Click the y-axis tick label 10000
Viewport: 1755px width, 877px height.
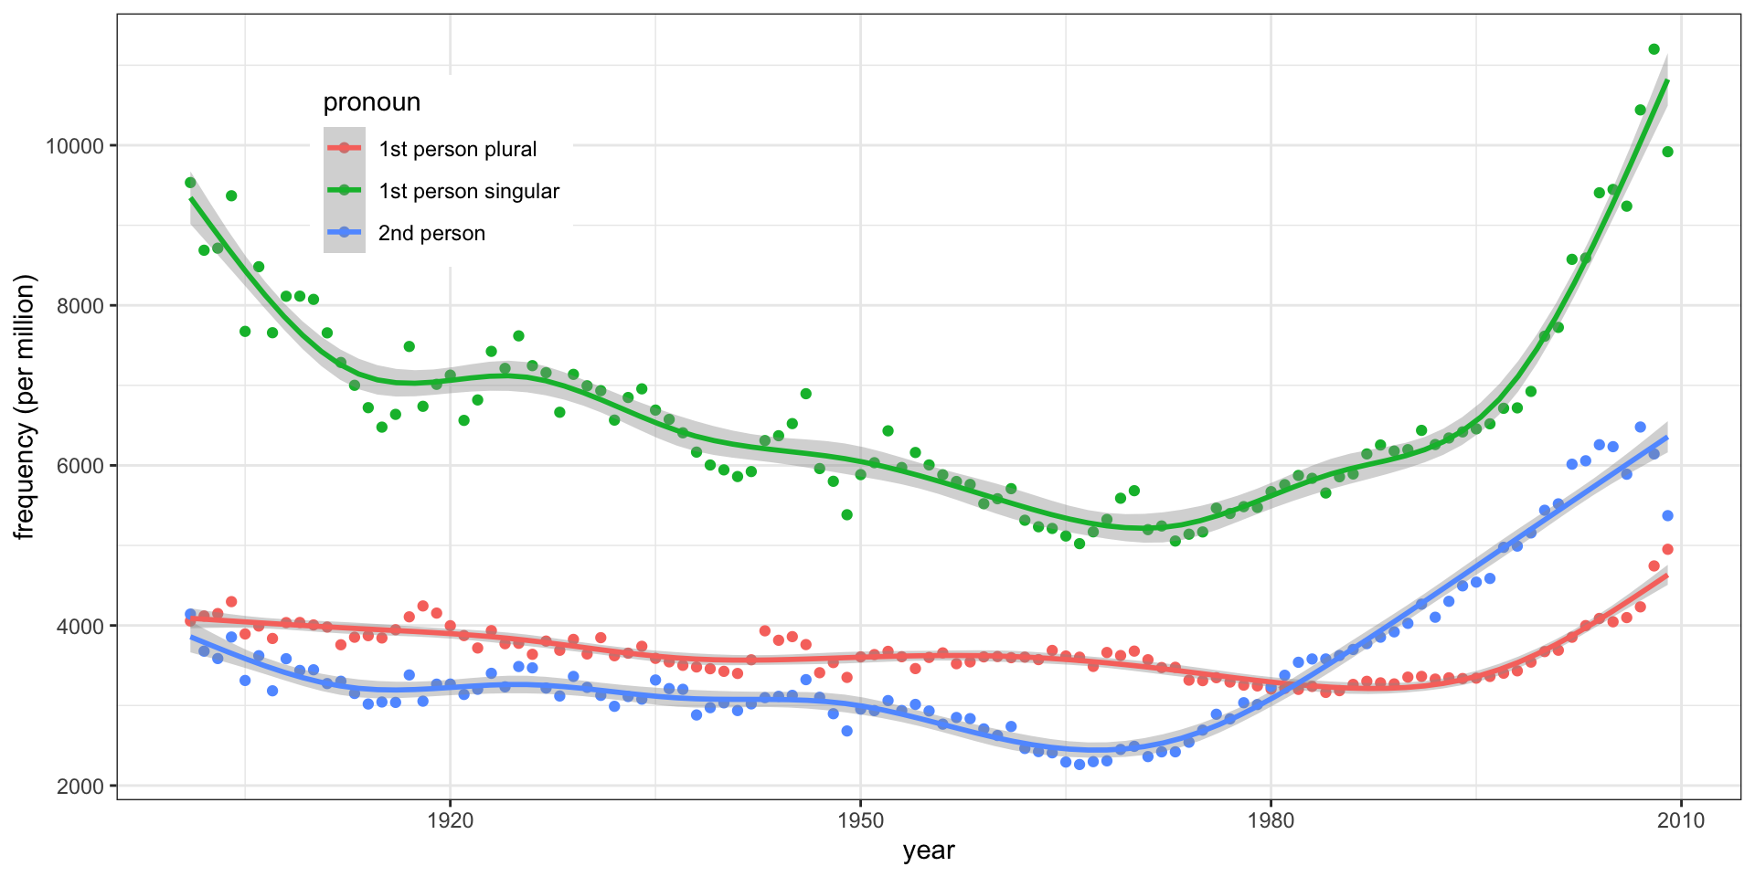76,146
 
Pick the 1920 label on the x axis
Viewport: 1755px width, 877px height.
450,820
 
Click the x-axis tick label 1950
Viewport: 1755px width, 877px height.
860,820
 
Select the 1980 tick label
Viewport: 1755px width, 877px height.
1271,820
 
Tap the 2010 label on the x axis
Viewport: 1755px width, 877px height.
1681,820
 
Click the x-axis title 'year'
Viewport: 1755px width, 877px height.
929,851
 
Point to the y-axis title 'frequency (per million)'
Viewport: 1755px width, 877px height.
25,407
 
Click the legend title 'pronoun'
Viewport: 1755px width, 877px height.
372,102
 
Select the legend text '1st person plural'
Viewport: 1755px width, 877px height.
457,149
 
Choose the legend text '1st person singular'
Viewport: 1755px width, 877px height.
469,191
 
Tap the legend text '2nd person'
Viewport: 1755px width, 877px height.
431,233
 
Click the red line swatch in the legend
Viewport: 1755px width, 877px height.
345,148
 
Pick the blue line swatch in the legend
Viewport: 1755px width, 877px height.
345,232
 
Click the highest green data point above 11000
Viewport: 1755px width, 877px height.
1654,49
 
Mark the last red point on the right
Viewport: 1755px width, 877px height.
1667,549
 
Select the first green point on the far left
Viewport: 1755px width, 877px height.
190,183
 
